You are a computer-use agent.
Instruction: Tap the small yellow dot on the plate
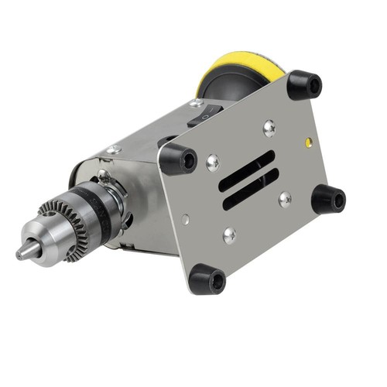(x=309, y=142)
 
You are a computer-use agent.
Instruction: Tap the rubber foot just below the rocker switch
(x=179, y=158)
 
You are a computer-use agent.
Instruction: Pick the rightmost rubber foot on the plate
(x=328, y=199)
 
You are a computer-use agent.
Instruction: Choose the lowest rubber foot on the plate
(x=207, y=279)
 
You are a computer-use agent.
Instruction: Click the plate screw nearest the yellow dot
(x=269, y=127)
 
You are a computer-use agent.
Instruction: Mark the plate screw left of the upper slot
(x=212, y=163)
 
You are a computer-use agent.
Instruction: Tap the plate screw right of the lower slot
(x=285, y=199)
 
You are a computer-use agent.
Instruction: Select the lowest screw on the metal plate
(x=230, y=235)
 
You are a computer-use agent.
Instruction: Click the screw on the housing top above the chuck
(x=114, y=149)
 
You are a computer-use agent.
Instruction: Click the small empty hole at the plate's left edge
(x=185, y=219)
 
